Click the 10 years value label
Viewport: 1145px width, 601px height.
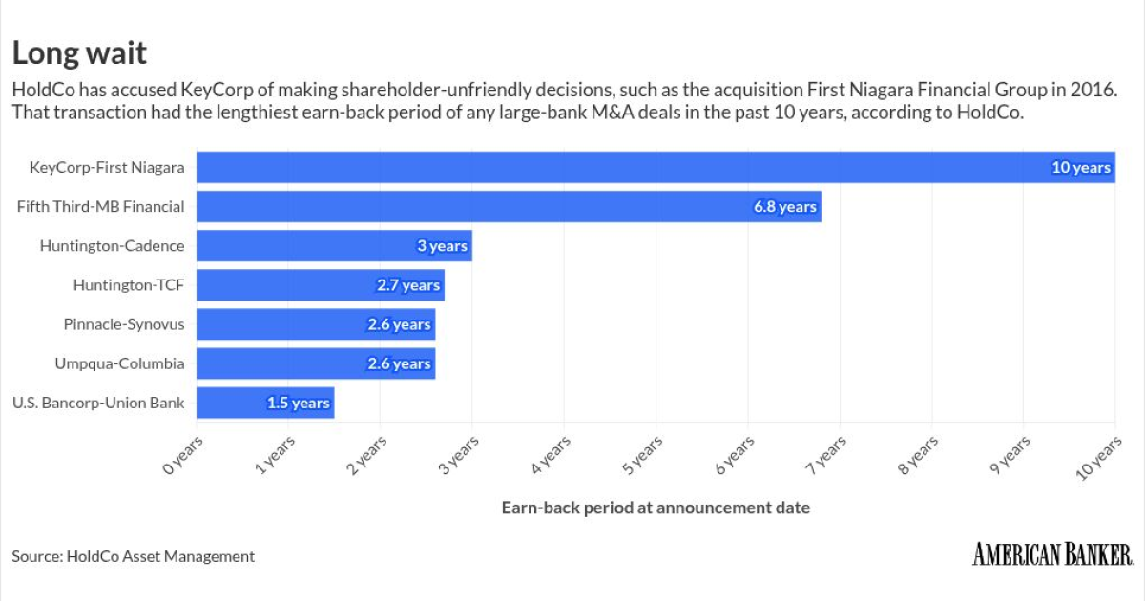pos(1081,168)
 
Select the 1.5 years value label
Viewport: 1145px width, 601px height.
pos(299,404)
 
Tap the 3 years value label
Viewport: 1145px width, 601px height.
pos(442,246)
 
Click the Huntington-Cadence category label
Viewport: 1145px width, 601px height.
pos(112,246)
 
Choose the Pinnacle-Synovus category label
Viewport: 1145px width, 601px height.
pos(123,324)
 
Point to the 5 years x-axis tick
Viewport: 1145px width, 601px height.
pos(642,455)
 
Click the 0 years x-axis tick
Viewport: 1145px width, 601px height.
pos(182,455)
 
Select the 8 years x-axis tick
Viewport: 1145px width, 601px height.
pos(918,455)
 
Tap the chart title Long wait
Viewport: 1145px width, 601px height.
pos(79,51)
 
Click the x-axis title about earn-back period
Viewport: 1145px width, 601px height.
pos(656,508)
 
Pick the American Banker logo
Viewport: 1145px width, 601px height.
pos(1052,553)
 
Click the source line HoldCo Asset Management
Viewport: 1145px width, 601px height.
pos(134,556)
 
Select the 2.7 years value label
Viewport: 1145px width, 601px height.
pos(408,285)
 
